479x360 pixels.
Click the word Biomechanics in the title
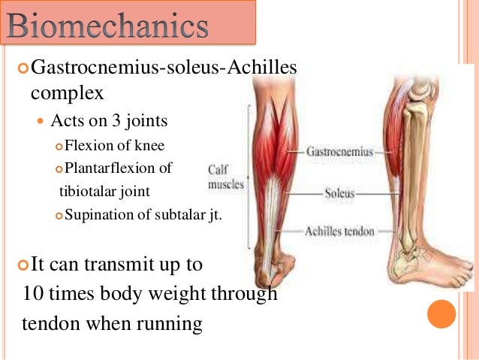108,27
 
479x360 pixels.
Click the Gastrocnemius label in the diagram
339,152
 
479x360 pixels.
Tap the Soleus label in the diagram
339,192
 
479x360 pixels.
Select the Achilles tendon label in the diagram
339,231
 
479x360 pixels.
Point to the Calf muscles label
226,176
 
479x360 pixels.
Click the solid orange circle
441,314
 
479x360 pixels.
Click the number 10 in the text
35,294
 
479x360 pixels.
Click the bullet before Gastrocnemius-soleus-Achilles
22,69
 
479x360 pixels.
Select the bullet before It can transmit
22,265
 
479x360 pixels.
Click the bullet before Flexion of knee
59,146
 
